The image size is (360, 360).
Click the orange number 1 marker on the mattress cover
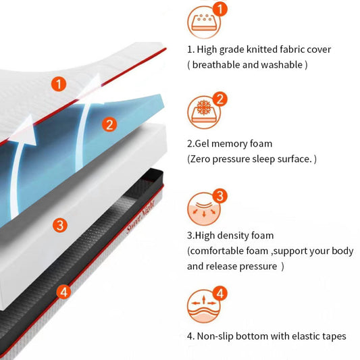tap(59, 84)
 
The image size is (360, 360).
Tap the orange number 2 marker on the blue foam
tap(109, 124)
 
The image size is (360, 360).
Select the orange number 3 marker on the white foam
tap(60, 225)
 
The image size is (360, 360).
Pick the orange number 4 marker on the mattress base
tap(63, 292)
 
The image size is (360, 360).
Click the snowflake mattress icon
tap(204, 112)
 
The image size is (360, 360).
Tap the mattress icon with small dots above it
tap(204, 22)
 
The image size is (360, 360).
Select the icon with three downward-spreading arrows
tap(204, 209)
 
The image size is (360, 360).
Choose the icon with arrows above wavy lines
tap(204, 306)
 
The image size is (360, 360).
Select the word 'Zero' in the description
tap(200, 159)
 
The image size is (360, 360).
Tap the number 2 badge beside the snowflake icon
tap(220, 99)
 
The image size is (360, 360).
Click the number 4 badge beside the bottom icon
tap(220, 293)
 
